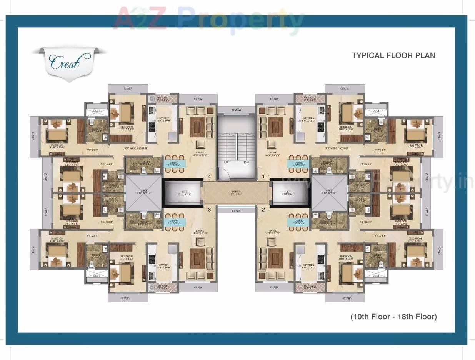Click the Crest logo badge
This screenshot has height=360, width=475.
pyautogui.click(x=69, y=62)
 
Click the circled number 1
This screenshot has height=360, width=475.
pyautogui.click(x=263, y=177)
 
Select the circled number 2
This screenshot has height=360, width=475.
pyautogui.click(x=263, y=210)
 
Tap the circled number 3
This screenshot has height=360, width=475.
pyautogui.click(x=209, y=210)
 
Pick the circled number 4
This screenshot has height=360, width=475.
pyautogui.click(x=209, y=177)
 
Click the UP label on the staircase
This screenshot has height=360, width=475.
pyautogui.click(x=227, y=162)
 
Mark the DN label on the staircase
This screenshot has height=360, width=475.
pyautogui.click(x=247, y=162)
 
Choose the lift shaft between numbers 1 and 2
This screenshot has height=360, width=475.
pyautogui.click(x=290, y=193)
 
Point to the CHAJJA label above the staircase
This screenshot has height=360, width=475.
pyautogui.click(x=236, y=110)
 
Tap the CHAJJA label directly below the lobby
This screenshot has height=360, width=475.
pyautogui.click(x=236, y=211)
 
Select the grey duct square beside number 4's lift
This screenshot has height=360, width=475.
pyautogui.click(x=144, y=193)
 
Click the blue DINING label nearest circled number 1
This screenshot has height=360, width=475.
pyautogui.click(x=298, y=164)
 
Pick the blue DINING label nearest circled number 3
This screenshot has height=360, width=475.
pyautogui.click(x=175, y=222)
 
